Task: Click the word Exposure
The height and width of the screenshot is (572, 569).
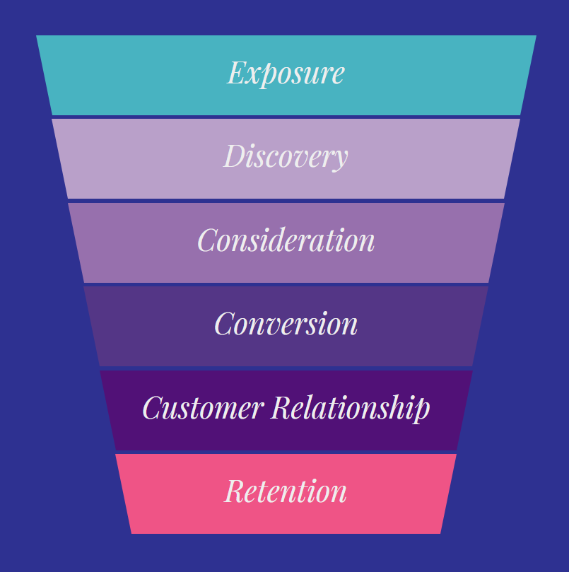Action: point(286,73)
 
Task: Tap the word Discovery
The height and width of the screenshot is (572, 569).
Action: point(286,156)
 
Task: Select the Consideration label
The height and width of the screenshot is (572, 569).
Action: point(286,240)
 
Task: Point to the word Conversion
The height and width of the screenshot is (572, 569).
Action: point(286,324)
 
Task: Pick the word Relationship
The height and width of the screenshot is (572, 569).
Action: point(351,408)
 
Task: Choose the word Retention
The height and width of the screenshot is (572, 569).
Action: point(286,491)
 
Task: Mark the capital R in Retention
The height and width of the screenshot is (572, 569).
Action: point(235,491)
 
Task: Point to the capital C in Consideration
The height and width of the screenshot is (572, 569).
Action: point(207,240)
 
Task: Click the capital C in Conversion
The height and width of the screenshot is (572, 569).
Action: point(224,324)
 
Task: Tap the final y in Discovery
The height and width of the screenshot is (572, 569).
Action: point(341,160)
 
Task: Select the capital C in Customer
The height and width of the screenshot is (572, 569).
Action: point(152,408)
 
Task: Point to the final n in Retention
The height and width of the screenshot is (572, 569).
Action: point(339,494)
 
